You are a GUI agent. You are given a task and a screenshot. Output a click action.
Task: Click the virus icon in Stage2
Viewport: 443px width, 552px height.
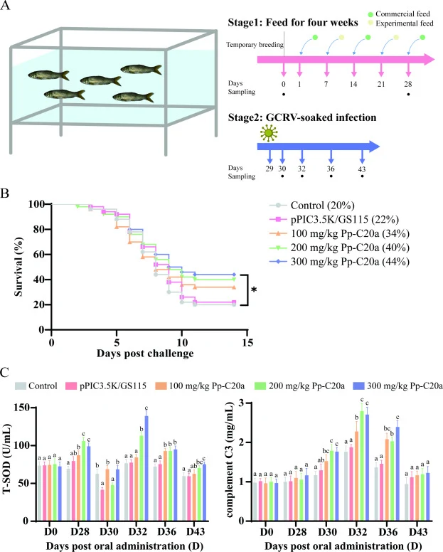[269, 134]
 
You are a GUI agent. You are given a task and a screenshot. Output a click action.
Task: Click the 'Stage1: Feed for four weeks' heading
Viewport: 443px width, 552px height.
[293, 23]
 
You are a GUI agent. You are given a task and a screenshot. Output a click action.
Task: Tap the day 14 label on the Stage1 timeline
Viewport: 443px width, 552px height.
[353, 84]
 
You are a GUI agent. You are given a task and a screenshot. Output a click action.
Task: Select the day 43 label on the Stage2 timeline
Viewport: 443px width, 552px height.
[362, 169]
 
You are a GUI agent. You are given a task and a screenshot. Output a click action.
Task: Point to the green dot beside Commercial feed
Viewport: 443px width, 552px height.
[370, 14]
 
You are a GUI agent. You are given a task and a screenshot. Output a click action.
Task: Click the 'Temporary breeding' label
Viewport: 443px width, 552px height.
[255, 45]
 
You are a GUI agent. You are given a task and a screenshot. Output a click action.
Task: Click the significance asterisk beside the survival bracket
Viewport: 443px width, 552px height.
[254, 290]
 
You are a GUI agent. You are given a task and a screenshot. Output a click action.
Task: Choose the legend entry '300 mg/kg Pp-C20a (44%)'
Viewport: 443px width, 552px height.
[339, 262]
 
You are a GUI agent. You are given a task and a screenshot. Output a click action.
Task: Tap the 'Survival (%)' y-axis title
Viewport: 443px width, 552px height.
[18, 267]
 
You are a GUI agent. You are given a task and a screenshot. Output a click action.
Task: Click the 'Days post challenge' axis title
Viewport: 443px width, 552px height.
[145, 354]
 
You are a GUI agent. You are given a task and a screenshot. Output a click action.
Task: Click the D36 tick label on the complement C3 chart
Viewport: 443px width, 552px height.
[388, 531]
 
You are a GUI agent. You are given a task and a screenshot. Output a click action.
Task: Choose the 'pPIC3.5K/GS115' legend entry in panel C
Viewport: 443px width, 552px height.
[106, 386]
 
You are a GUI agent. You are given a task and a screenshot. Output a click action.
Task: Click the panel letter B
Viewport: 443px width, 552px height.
[4, 193]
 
